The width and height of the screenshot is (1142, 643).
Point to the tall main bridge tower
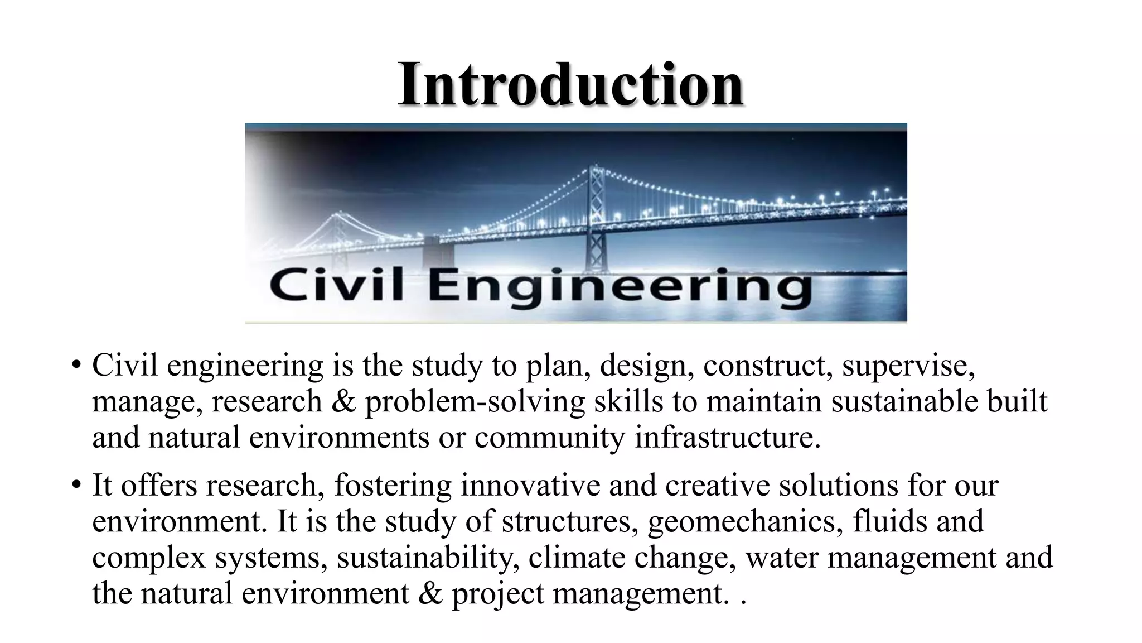[x=597, y=218]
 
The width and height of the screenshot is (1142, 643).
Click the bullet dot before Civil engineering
[x=76, y=367]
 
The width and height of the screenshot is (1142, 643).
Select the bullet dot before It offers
[x=76, y=486]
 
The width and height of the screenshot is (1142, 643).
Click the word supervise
[x=908, y=366]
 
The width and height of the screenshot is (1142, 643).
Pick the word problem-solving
[x=475, y=402]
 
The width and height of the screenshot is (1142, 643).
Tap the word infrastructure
[x=727, y=437]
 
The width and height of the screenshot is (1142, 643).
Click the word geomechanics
[x=744, y=521]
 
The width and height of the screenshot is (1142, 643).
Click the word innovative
[x=530, y=485]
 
